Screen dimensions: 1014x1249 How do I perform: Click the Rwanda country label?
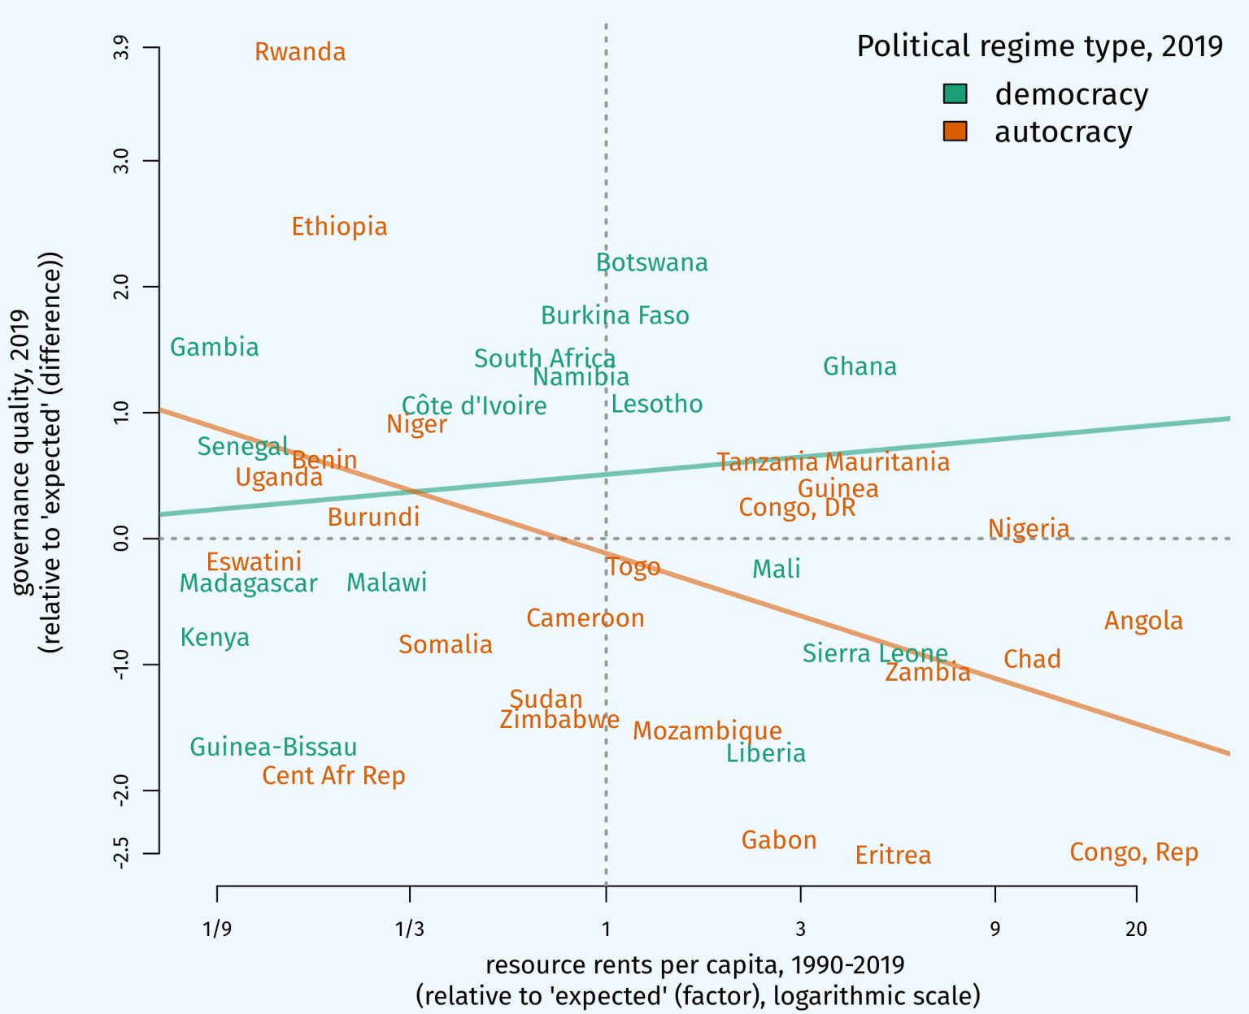(x=300, y=52)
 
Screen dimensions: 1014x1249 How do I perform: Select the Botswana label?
(x=651, y=262)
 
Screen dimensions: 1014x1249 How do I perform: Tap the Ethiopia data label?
(x=339, y=227)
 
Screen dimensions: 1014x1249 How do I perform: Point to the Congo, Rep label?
(x=1134, y=852)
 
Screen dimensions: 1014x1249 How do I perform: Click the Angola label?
(x=1143, y=621)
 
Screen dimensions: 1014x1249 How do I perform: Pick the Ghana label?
(x=860, y=366)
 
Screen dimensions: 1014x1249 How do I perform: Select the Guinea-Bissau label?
(x=273, y=747)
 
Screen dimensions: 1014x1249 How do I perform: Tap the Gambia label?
(x=214, y=347)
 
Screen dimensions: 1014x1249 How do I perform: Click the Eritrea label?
(x=893, y=855)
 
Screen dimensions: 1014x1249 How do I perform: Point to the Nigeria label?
(x=1029, y=528)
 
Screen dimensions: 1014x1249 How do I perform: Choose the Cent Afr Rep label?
(x=333, y=775)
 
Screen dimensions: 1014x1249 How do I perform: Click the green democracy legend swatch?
(x=955, y=93)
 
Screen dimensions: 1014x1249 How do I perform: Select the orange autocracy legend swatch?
(x=955, y=131)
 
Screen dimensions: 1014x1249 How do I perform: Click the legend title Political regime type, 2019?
(x=1039, y=46)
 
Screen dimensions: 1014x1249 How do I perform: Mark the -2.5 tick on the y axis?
(x=121, y=853)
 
